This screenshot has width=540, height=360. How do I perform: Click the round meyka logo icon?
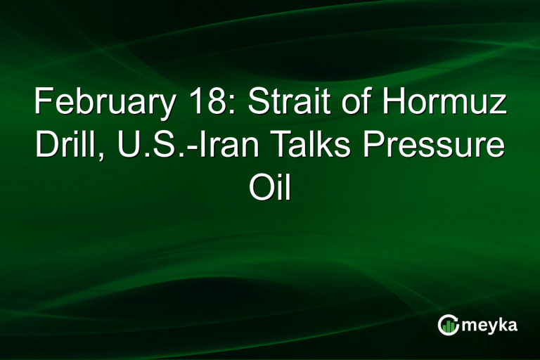tap(448, 324)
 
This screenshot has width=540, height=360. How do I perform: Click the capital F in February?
tap(43, 104)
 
